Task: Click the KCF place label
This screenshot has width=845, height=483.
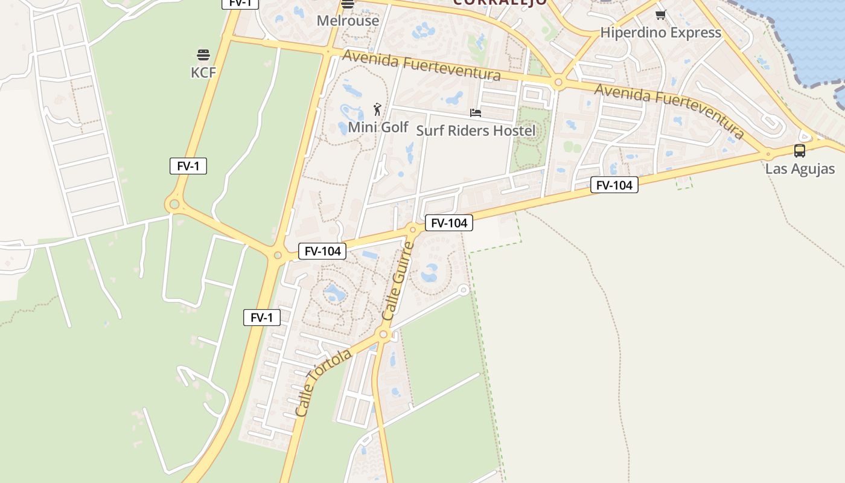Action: tap(203, 72)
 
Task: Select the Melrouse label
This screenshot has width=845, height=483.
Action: tap(348, 21)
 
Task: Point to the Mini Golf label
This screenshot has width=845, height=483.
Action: tap(378, 127)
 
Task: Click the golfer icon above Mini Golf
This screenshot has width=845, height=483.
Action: tap(377, 109)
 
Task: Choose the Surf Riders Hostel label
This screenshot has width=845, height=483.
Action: tap(476, 130)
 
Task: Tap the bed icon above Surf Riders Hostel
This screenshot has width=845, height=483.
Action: tap(476, 113)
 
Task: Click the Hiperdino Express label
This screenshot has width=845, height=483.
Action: tap(661, 33)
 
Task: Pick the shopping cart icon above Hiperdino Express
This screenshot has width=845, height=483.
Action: tap(660, 15)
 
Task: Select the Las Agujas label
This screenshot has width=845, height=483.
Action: tap(800, 168)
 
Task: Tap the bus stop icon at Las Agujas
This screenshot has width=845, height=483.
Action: tap(800, 151)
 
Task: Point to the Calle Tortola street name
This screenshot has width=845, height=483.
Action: tap(324, 382)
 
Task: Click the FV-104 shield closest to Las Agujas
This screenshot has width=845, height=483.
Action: tap(614, 185)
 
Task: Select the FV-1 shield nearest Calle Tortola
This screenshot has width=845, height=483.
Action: tap(262, 318)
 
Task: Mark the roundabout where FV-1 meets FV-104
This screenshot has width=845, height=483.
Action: tap(278, 255)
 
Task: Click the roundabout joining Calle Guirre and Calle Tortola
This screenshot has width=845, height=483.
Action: tap(383, 334)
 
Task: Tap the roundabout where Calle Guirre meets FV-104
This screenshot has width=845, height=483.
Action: tap(413, 229)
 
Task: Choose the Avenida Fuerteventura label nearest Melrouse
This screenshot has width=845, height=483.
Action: tap(421, 65)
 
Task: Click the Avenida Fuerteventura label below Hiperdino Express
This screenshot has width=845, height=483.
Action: tap(669, 110)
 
